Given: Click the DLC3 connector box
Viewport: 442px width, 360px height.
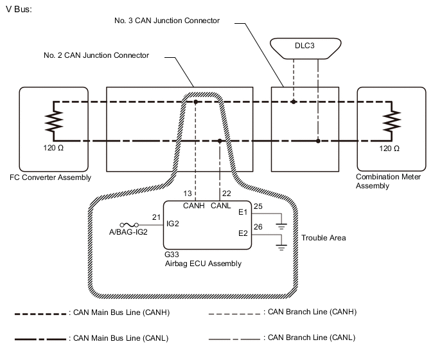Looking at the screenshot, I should click(x=306, y=47).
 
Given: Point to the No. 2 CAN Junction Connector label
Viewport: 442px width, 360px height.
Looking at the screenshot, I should click(x=96, y=56).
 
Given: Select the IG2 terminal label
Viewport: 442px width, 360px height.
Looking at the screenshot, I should click(x=173, y=224).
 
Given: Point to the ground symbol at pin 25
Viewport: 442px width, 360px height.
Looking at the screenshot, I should click(x=281, y=225).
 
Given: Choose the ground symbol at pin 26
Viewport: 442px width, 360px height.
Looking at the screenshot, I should click(x=281, y=244).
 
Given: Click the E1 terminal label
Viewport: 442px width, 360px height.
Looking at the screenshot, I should click(x=243, y=212).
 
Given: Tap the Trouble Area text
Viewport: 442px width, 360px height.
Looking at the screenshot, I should click(x=324, y=238).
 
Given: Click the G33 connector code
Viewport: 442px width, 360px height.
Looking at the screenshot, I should click(x=172, y=255).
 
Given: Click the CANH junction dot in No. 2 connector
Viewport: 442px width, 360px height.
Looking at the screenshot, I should click(x=196, y=102).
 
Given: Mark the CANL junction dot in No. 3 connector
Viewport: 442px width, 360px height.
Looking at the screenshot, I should click(x=317, y=141).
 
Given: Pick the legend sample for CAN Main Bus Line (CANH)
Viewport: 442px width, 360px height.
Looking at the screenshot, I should click(x=40, y=314).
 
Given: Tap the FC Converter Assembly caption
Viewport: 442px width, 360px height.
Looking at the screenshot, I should click(x=51, y=177).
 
